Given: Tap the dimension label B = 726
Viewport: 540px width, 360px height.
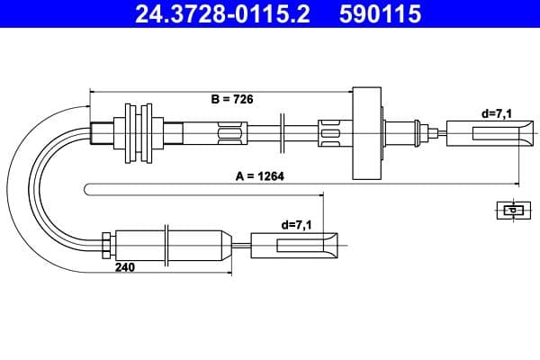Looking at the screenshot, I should (231, 101).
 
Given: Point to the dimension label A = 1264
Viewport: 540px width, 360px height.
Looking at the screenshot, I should (259, 176).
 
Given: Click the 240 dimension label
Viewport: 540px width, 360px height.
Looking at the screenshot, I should (124, 267).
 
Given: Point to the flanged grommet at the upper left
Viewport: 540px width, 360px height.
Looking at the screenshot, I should (135, 134).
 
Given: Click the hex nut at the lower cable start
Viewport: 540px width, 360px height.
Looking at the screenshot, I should (106, 243).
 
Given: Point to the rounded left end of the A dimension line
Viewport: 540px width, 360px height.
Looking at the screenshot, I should (86, 188).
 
